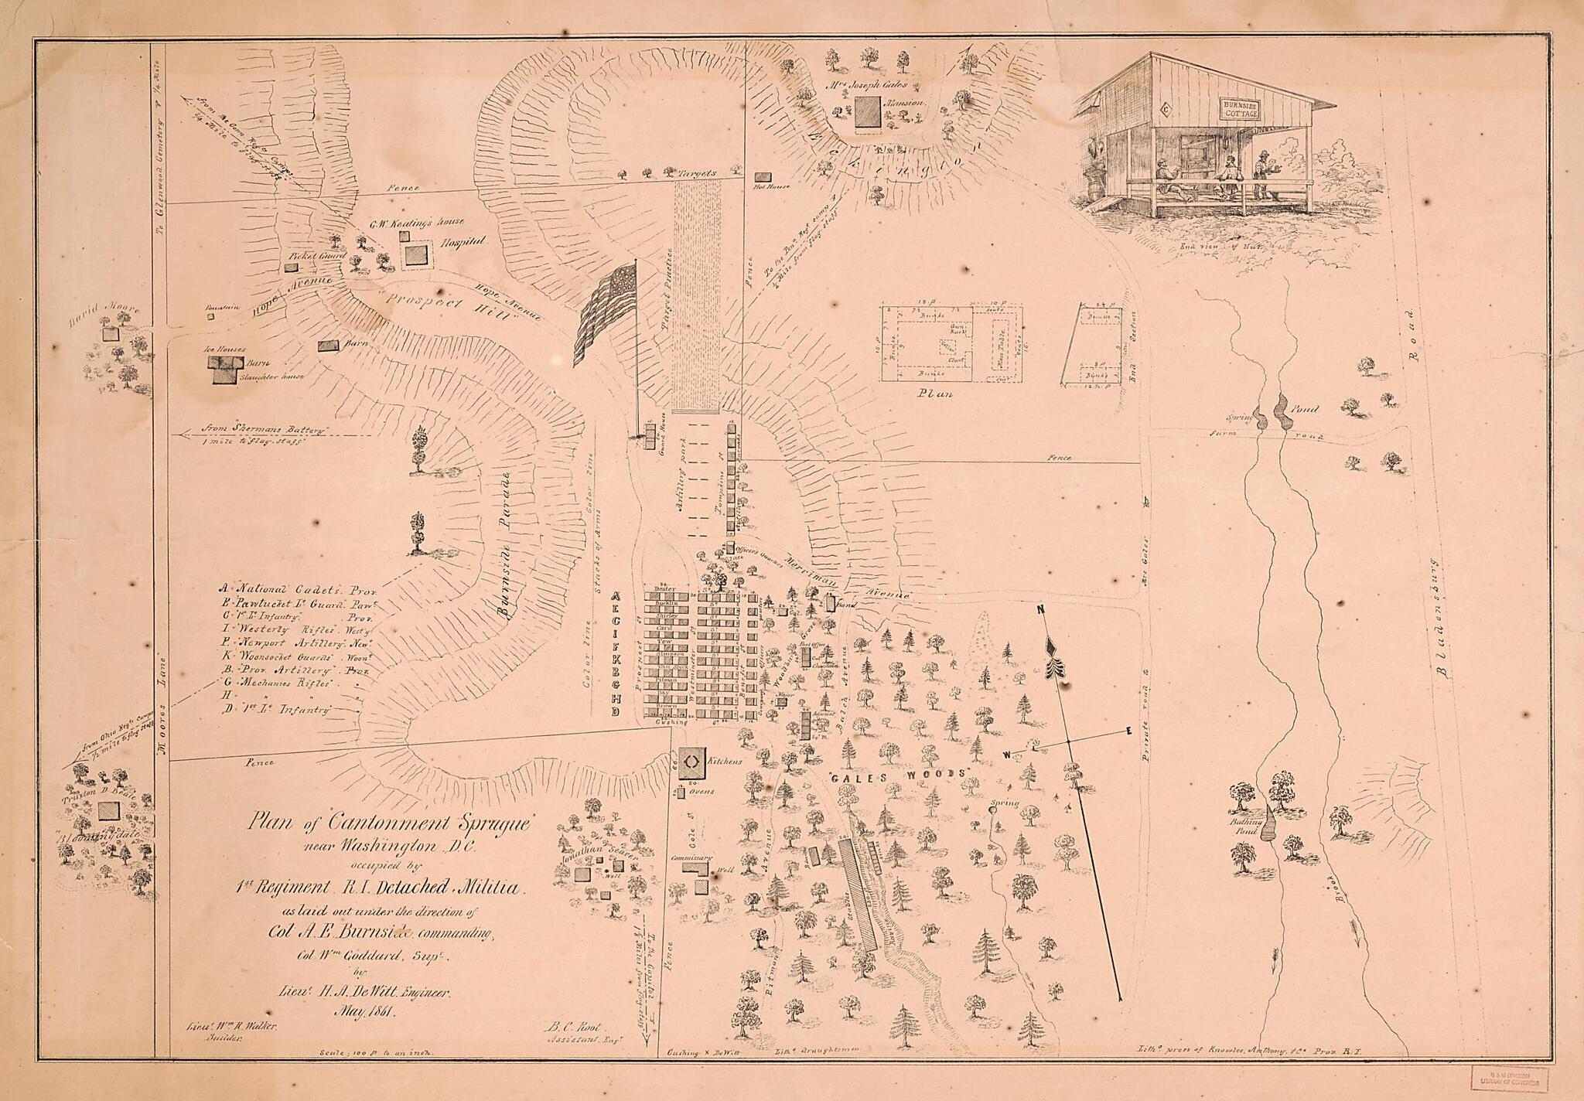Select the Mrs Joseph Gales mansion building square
[x=867, y=111]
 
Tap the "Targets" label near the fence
[x=698, y=174]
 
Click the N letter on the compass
[x=1041, y=611]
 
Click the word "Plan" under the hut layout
[x=934, y=394]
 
